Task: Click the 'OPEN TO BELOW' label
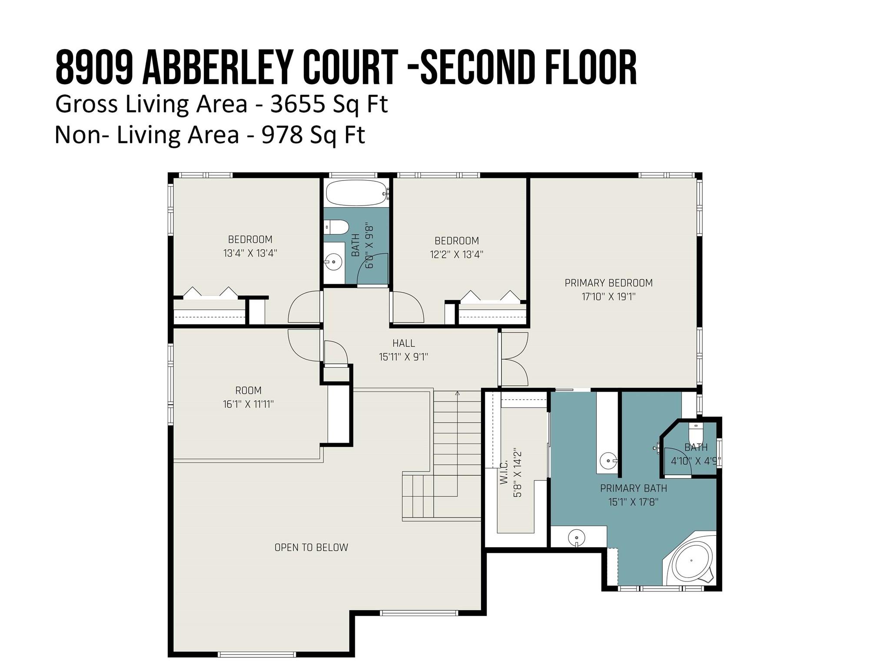(x=311, y=547)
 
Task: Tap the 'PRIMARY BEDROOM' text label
(x=608, y=283)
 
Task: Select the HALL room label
(x=404, y=343)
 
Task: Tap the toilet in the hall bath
(x=336, y=227)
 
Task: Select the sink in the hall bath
(x=333, y=262)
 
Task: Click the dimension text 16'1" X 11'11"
(x=248, y=404)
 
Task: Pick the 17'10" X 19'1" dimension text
(x=608, y=297)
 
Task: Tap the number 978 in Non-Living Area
(x=282, y=135)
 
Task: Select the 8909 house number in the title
(x=94, y=67)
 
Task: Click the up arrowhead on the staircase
(x=457, y=394)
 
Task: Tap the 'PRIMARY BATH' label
(x=633, y=488)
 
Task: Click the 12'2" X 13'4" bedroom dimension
(x=456, y=254)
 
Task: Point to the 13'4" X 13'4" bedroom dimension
(x=250, y=253)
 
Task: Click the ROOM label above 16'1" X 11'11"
(x=248, y=391)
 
